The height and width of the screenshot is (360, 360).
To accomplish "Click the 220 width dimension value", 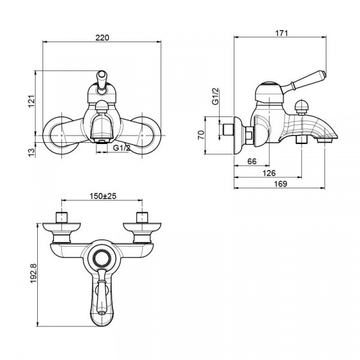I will tap(102, 37).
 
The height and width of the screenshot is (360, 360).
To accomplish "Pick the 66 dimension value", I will tap(252, 161).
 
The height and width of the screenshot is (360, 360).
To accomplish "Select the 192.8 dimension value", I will tap(34, 275).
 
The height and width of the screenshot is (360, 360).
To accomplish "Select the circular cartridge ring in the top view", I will tap(101, 259).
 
